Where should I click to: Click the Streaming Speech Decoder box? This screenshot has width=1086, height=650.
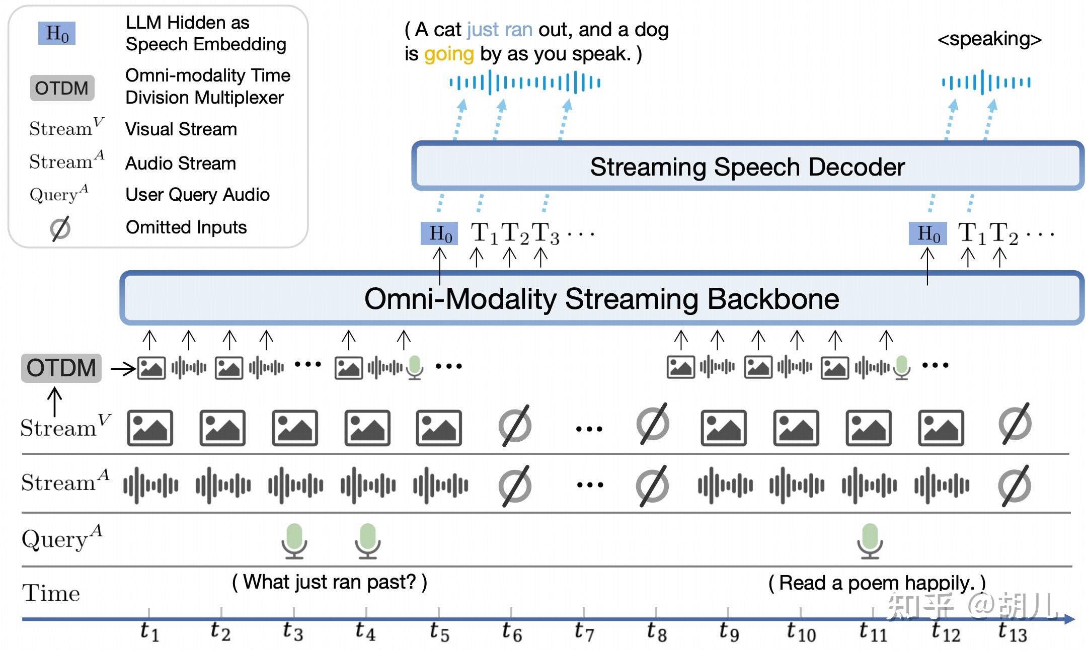pos(747,167)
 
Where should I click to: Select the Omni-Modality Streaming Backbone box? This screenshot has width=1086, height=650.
pos(601,299)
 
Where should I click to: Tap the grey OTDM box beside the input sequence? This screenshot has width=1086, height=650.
pos(61,368)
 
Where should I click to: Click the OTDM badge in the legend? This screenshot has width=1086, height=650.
pos(62,88)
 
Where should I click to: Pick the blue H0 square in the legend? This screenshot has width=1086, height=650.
pos(57,34)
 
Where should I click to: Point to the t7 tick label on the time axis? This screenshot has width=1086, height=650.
pos(584,631)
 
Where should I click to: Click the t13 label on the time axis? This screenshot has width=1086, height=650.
pos(1012,632)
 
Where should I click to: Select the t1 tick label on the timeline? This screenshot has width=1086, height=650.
pos(149,631)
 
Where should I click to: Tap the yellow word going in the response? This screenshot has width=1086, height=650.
pos(449,54)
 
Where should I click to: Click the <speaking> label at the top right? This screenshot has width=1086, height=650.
pos(989,39)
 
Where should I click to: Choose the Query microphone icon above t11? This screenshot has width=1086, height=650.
pos(870,541)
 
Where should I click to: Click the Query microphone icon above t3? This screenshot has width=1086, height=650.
pos(294,541)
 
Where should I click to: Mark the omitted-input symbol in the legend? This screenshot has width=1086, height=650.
pos(60,228)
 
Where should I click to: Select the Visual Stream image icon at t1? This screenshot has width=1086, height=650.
pos(150,428)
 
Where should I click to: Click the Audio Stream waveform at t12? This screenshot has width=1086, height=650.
pos(942,485)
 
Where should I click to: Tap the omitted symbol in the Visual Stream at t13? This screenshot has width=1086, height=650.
pos(1015,424)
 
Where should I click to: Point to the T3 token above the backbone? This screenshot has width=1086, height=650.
pos(546,234)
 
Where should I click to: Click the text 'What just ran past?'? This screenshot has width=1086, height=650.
pos(330,582)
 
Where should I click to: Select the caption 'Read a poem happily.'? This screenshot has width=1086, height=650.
pos(877,583)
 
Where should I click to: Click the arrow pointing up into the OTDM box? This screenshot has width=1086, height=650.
pos(54,401)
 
